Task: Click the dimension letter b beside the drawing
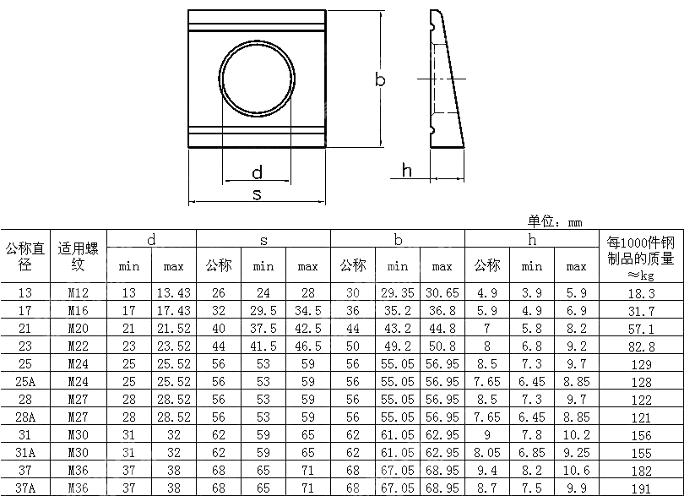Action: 380,79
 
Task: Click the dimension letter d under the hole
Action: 257,173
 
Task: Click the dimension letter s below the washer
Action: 257,194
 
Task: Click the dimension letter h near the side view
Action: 406,171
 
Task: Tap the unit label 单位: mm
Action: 555,221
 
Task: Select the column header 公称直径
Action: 25,256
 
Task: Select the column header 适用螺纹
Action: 78,256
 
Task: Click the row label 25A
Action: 25,382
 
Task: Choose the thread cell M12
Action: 78,293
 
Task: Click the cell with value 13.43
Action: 173,293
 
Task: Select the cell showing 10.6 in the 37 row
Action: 576,470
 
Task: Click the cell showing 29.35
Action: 397,293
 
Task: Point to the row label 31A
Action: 25,452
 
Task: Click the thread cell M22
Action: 78,346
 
